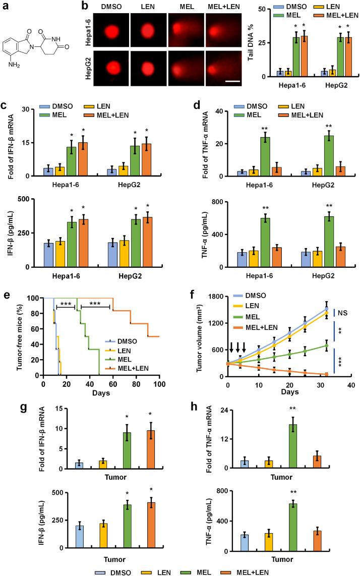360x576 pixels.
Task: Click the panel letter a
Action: pos(6,6)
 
